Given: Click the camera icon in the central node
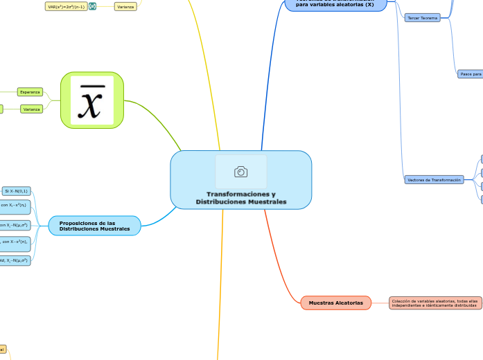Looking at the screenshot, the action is coord(241,172).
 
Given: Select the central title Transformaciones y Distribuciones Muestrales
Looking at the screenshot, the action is coord(240,198).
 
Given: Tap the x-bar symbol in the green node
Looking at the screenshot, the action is coord(92,100).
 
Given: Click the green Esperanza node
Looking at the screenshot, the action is coord(30,92).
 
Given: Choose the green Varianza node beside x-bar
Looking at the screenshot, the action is coord(31,109).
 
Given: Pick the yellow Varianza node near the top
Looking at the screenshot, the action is coord(125,6).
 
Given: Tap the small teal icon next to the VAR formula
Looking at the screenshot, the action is coord(92,6).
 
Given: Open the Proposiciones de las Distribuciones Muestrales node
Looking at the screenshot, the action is coord(95,226).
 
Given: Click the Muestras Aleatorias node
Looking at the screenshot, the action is coord(335,303).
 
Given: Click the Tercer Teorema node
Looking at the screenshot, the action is coord(422,18).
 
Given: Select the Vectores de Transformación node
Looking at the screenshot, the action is coord(434,180).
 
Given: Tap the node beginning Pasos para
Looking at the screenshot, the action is coord(471,73).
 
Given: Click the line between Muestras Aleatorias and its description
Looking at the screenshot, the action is coord(380,303).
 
